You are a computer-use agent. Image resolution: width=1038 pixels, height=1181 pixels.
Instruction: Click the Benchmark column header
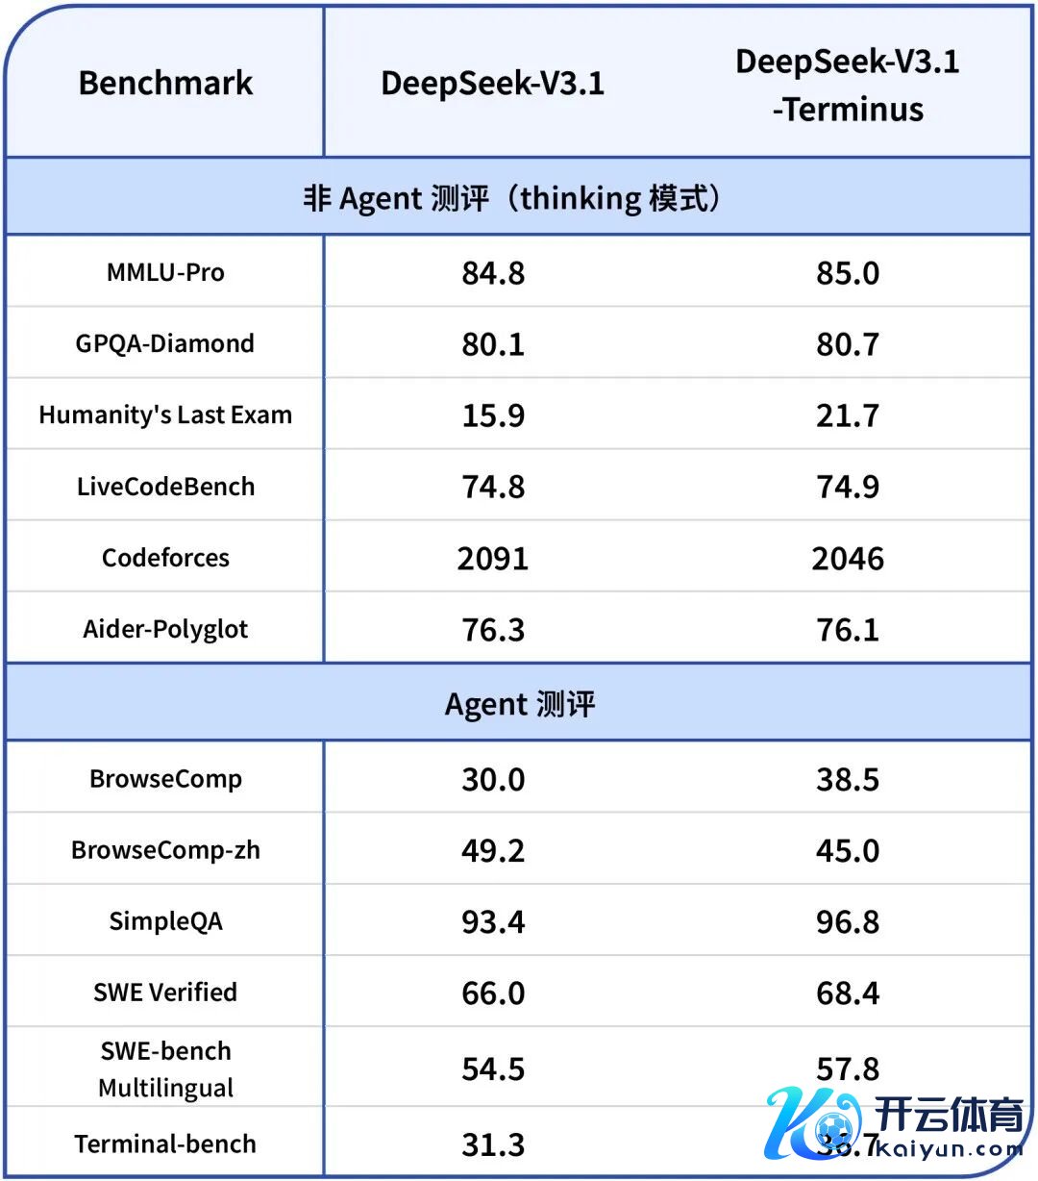[x=165, y=84]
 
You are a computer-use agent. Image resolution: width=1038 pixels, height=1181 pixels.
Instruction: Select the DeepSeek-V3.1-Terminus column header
[x=847, y=86]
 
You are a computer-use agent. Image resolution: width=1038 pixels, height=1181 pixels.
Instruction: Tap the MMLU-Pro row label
[x=165, y=273]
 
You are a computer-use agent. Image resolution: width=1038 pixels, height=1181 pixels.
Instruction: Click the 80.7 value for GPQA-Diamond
[x=847, y=344]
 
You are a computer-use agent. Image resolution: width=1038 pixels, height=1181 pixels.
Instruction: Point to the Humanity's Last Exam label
[x=165, y=415]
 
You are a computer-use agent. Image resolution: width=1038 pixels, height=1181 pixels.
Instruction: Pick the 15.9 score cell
[x=493, y=415]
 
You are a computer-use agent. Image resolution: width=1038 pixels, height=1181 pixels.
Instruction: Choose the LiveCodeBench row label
[x=165, y=487]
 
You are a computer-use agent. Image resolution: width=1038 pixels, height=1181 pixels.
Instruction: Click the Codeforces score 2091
[x=493, y=559]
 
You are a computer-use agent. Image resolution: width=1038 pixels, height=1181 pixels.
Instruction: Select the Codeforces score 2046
[x=847, y=559]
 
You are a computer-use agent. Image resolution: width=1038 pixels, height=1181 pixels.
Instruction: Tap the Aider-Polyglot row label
[x=165, y=630]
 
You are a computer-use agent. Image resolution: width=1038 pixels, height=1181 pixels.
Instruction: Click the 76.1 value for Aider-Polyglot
[x=847, y=630]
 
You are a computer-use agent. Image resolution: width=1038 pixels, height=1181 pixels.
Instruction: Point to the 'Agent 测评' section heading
[x=519, y=704]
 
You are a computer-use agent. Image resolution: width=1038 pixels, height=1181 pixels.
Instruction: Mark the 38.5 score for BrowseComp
[x=847, y=779]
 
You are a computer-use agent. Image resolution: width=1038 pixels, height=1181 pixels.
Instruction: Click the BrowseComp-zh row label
[x=165, y=850]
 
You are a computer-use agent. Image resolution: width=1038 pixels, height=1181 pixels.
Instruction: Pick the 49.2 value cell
[x=493, y=850]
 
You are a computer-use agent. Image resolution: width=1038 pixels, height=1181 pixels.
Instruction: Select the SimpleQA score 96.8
[x=847, y=921]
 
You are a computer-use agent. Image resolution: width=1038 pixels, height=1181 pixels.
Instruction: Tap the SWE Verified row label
[x=165, y=993]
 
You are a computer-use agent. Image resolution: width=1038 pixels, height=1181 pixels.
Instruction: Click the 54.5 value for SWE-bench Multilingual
[x=493, y=1069]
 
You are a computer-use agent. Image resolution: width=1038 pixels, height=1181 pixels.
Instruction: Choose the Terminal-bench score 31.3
[x=493, y=1144]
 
